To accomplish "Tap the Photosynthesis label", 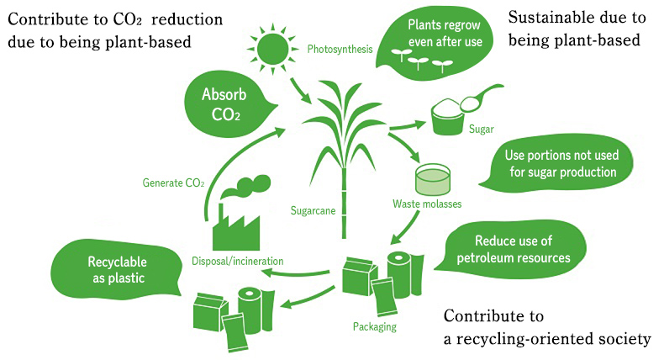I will coord(340,49).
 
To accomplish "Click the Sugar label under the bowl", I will coord(482,130).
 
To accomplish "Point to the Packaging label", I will coord(375,326).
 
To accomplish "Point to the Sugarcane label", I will coord(314,210).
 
